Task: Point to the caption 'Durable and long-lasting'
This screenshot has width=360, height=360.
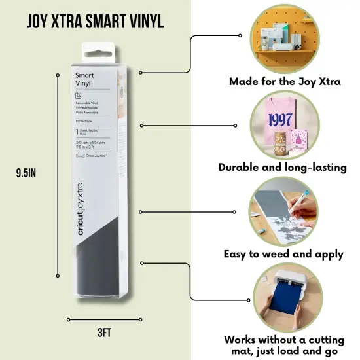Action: (282, 167)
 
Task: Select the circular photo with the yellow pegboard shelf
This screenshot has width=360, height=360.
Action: (282, 39)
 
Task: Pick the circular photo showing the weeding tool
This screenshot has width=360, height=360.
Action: (282, 211)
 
